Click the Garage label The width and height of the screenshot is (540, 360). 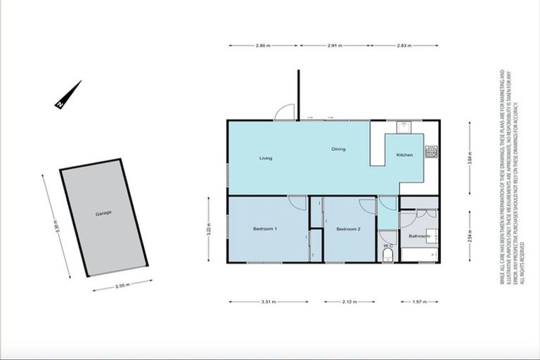click(103, 212)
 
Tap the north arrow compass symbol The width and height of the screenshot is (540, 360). click(68, 95)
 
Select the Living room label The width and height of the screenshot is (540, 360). click(265, 158)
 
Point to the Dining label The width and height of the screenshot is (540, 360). click(338, 149)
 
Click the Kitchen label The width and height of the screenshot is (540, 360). click(404, 155)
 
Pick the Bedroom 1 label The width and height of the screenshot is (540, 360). click(265, 229)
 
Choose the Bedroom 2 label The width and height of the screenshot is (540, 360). click(348, 229)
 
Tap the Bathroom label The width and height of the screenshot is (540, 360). click(419, 236)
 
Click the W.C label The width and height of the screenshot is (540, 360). click(387, 245)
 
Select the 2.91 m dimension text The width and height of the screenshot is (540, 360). click(334, 46)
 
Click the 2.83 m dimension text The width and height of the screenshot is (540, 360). click(404, 46)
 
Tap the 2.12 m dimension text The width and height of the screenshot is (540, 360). click(349, 302)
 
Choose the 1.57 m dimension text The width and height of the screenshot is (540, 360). click(420, 302)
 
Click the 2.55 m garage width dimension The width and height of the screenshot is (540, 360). click(122, 285)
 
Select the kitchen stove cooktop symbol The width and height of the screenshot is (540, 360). click(431, 151)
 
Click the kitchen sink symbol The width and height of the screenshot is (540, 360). click(404, 127)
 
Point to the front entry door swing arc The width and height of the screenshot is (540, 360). click(284, 112)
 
